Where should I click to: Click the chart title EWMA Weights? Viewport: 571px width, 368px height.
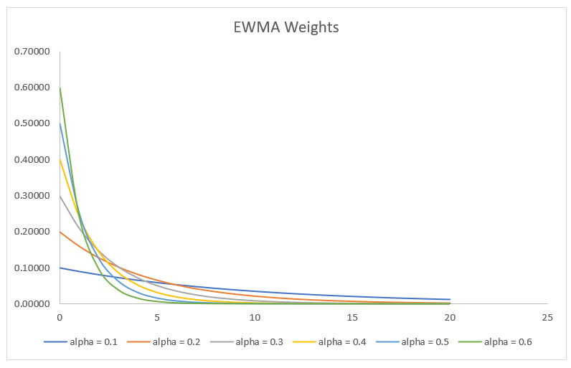[286, 28]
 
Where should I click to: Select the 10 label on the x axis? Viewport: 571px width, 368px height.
[255, 316]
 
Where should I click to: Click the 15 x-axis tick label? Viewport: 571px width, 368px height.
[352, 316]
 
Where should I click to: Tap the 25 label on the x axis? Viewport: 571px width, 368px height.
[547, 316]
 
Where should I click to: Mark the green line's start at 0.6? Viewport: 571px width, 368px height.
[60, 88]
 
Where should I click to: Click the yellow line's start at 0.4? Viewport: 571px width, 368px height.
[60, 159]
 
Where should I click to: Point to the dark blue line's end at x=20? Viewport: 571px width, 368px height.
[450, 299]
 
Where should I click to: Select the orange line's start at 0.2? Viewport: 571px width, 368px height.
[60, 232]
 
